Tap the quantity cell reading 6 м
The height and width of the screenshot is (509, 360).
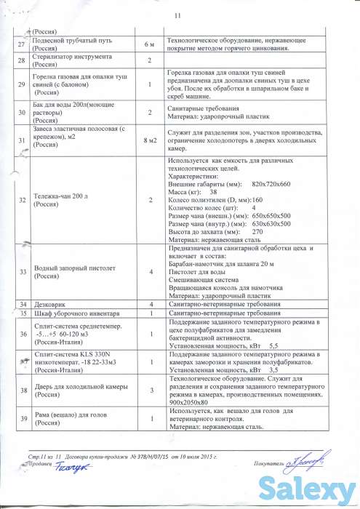(149, 46)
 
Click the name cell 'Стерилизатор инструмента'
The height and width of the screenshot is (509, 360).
(71, 57)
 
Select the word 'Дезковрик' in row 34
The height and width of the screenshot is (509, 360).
(50, 303)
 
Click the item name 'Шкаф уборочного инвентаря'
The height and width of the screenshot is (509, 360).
(74, 313)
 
